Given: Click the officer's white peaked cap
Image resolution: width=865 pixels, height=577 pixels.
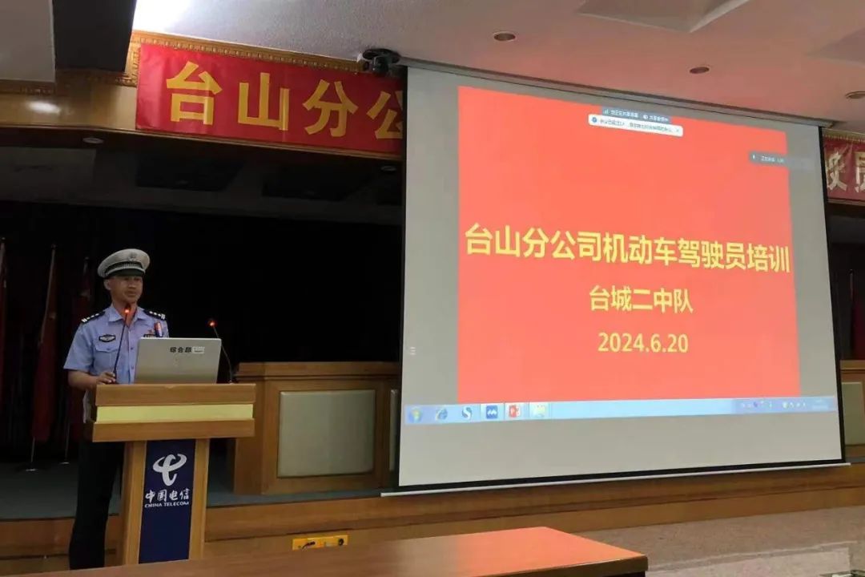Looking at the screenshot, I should (123, 263).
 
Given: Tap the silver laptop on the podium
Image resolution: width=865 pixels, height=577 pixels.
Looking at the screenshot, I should (177, 360).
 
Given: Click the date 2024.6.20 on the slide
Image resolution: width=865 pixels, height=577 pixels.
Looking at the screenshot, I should (642, 342).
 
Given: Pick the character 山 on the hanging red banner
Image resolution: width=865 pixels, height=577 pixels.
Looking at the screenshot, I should (262, 101).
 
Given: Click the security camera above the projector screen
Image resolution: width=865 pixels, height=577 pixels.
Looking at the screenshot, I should (380, 61).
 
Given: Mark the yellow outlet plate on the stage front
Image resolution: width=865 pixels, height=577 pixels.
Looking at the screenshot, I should (320, 543).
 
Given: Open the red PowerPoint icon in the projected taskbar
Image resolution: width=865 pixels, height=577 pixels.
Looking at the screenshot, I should (513, 412).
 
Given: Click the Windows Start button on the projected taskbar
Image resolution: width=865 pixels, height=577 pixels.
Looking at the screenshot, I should (415, 414).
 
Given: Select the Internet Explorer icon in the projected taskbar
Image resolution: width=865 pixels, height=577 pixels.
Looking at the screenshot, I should (441, 414).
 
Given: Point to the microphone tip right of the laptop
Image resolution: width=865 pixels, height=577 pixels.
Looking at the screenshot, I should (213, 325).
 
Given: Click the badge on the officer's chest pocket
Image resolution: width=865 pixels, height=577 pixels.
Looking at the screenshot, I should (107, 337).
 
